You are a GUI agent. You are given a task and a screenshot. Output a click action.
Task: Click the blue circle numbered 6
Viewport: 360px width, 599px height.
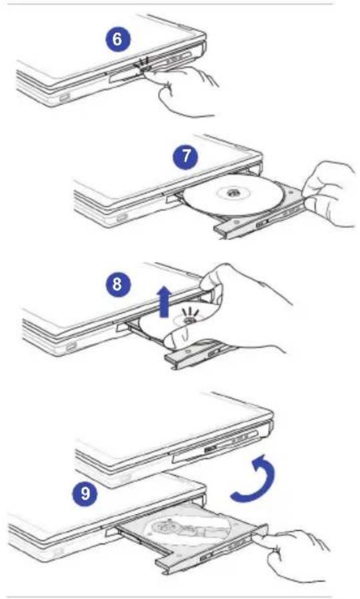click(x=117, y=39)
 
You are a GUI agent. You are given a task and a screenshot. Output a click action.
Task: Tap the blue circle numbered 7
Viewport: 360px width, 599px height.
click(x=187, y=157)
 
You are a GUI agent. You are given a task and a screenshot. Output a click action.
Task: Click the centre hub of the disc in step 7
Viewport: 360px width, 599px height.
click(x=233, y=193)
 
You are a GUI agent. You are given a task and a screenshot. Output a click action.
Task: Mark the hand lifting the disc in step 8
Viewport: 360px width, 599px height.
click(x=233, y=314)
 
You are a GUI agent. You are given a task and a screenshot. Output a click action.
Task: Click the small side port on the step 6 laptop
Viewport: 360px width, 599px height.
click(x=65, y=98)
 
